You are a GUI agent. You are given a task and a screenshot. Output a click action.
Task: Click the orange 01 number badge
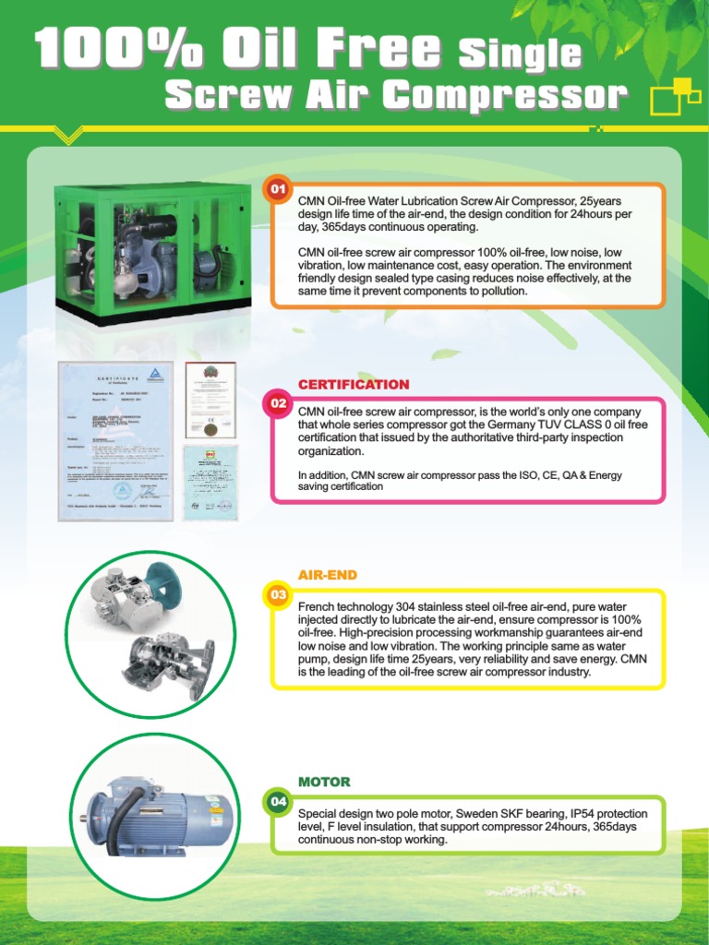[278, 190]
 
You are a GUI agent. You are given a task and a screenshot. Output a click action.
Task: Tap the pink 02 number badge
[278, 403]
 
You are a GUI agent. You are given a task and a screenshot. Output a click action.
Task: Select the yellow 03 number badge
[278, 594]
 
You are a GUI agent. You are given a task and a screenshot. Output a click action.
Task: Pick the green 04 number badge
[278, 801]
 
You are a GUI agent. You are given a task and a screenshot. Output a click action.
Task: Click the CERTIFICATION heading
[354, 384]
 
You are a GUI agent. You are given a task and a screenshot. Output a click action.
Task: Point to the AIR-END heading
[327, 575]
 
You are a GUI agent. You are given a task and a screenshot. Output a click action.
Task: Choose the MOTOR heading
[324, 782]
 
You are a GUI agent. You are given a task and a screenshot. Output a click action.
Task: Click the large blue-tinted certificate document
[114, 440]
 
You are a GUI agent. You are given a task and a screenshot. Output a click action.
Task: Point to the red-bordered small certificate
[210, 399]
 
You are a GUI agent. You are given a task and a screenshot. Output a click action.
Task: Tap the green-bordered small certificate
[210, 481]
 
